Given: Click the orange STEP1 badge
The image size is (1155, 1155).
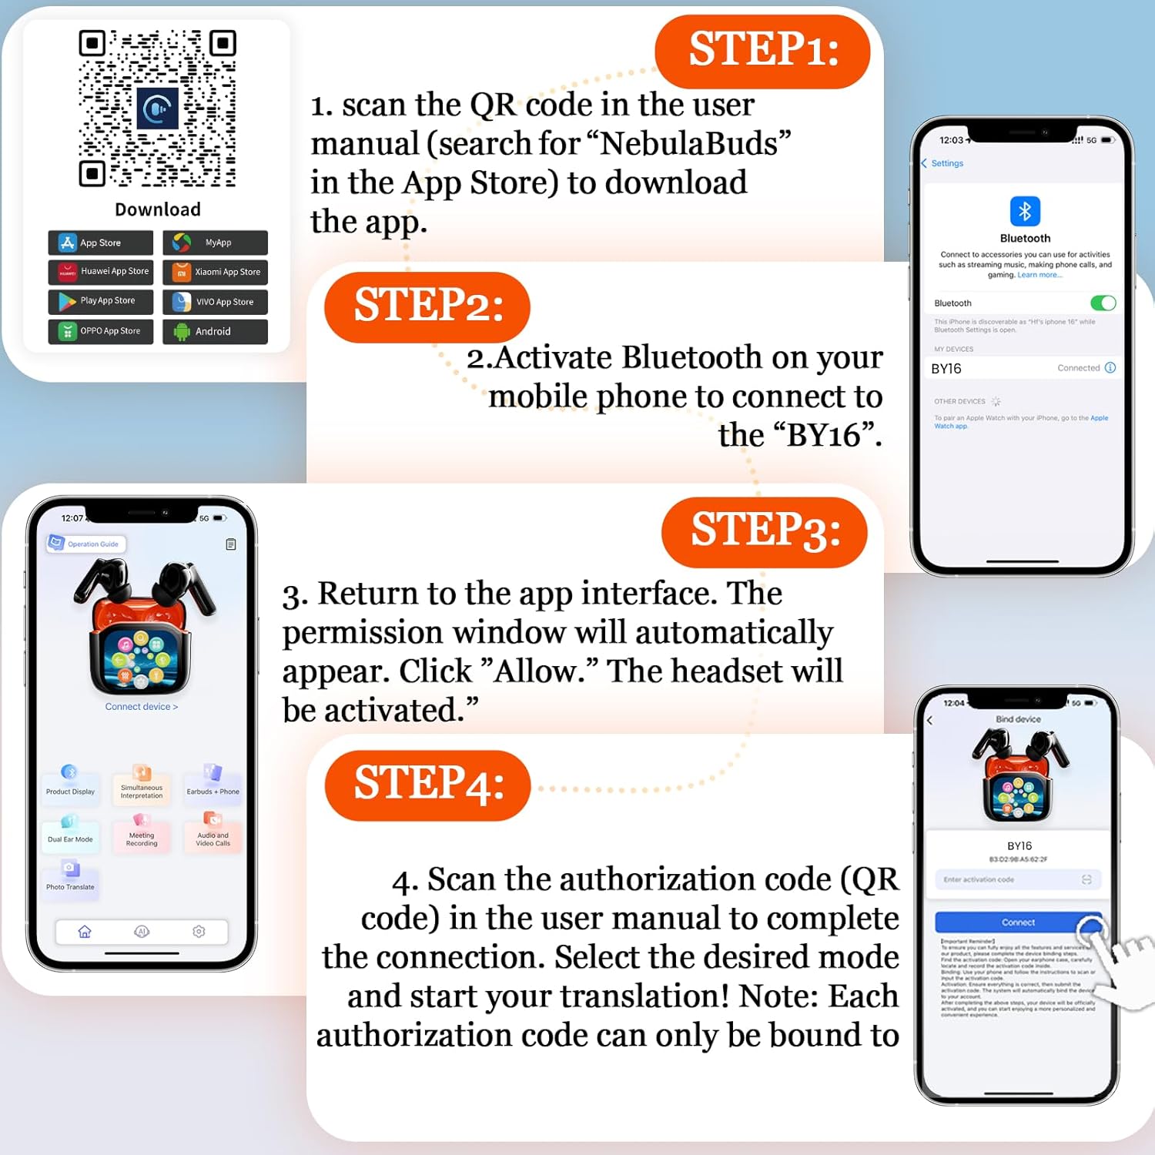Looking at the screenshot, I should tap(762, 51).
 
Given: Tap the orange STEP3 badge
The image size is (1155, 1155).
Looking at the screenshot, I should tap(764, 531).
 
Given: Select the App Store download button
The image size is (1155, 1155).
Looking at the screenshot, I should tap(100, 243).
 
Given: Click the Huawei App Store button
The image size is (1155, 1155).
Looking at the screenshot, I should tap(100, 272).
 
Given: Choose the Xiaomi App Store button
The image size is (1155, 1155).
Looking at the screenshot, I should tap(216, 272).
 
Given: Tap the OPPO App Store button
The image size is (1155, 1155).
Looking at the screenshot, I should tap(100, 331).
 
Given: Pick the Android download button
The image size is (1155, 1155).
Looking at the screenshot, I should tap(216, 331).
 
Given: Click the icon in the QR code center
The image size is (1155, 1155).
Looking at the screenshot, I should tap(157, 109).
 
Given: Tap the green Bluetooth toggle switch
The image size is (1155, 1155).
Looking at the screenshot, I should tap(1103, 303).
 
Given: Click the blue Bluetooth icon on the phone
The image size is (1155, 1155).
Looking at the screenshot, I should tap(1025, 211).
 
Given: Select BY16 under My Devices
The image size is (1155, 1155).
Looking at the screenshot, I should tap(947, 369).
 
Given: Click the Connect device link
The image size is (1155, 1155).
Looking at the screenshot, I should tap(141, 707).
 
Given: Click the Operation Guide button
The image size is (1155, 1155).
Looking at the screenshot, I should tap(86, 544).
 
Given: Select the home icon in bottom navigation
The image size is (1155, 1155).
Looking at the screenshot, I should tap(85, 932).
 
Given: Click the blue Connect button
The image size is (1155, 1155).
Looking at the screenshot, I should tap(1018, 922).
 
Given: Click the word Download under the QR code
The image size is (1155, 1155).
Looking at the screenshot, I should tap(158, 209).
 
